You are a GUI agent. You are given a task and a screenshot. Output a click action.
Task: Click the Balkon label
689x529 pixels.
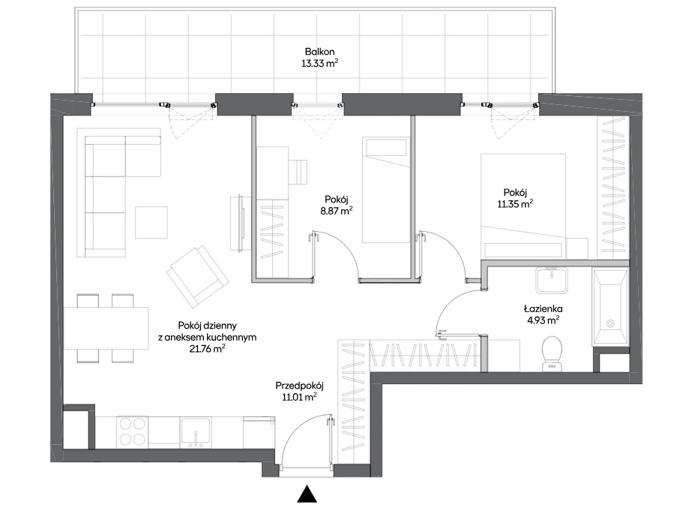[319, 52]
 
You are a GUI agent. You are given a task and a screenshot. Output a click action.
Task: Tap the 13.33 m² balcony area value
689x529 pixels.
[319, 63]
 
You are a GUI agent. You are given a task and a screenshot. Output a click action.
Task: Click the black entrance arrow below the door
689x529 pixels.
[307, 494]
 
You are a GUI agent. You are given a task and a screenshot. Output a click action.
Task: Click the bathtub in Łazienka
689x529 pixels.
[610, 307]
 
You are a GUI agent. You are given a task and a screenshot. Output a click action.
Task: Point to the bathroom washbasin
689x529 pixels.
[551, 280]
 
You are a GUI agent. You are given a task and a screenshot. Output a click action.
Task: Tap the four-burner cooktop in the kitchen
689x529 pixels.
[132, 432]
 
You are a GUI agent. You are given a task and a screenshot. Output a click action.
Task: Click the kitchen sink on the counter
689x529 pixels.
[196, 432]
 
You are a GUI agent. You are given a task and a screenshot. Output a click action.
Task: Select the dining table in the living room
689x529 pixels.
[106, 328]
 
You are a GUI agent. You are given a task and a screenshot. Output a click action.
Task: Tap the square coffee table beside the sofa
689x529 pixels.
[151, 223]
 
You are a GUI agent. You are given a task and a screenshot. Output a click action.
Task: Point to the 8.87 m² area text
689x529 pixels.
[336, 211]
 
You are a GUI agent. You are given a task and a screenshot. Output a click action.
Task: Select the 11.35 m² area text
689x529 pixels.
[515, 204]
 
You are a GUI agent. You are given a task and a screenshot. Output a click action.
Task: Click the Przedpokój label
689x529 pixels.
[299, 386]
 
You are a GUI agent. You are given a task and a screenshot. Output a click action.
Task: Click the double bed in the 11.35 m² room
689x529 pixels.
[523, 206]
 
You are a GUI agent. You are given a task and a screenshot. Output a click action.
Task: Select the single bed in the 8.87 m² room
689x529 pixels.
[386, 190]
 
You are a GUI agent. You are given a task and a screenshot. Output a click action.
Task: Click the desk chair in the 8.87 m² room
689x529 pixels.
[298, 172]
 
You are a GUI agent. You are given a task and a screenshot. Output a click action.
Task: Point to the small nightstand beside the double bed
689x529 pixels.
[577, 248]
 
